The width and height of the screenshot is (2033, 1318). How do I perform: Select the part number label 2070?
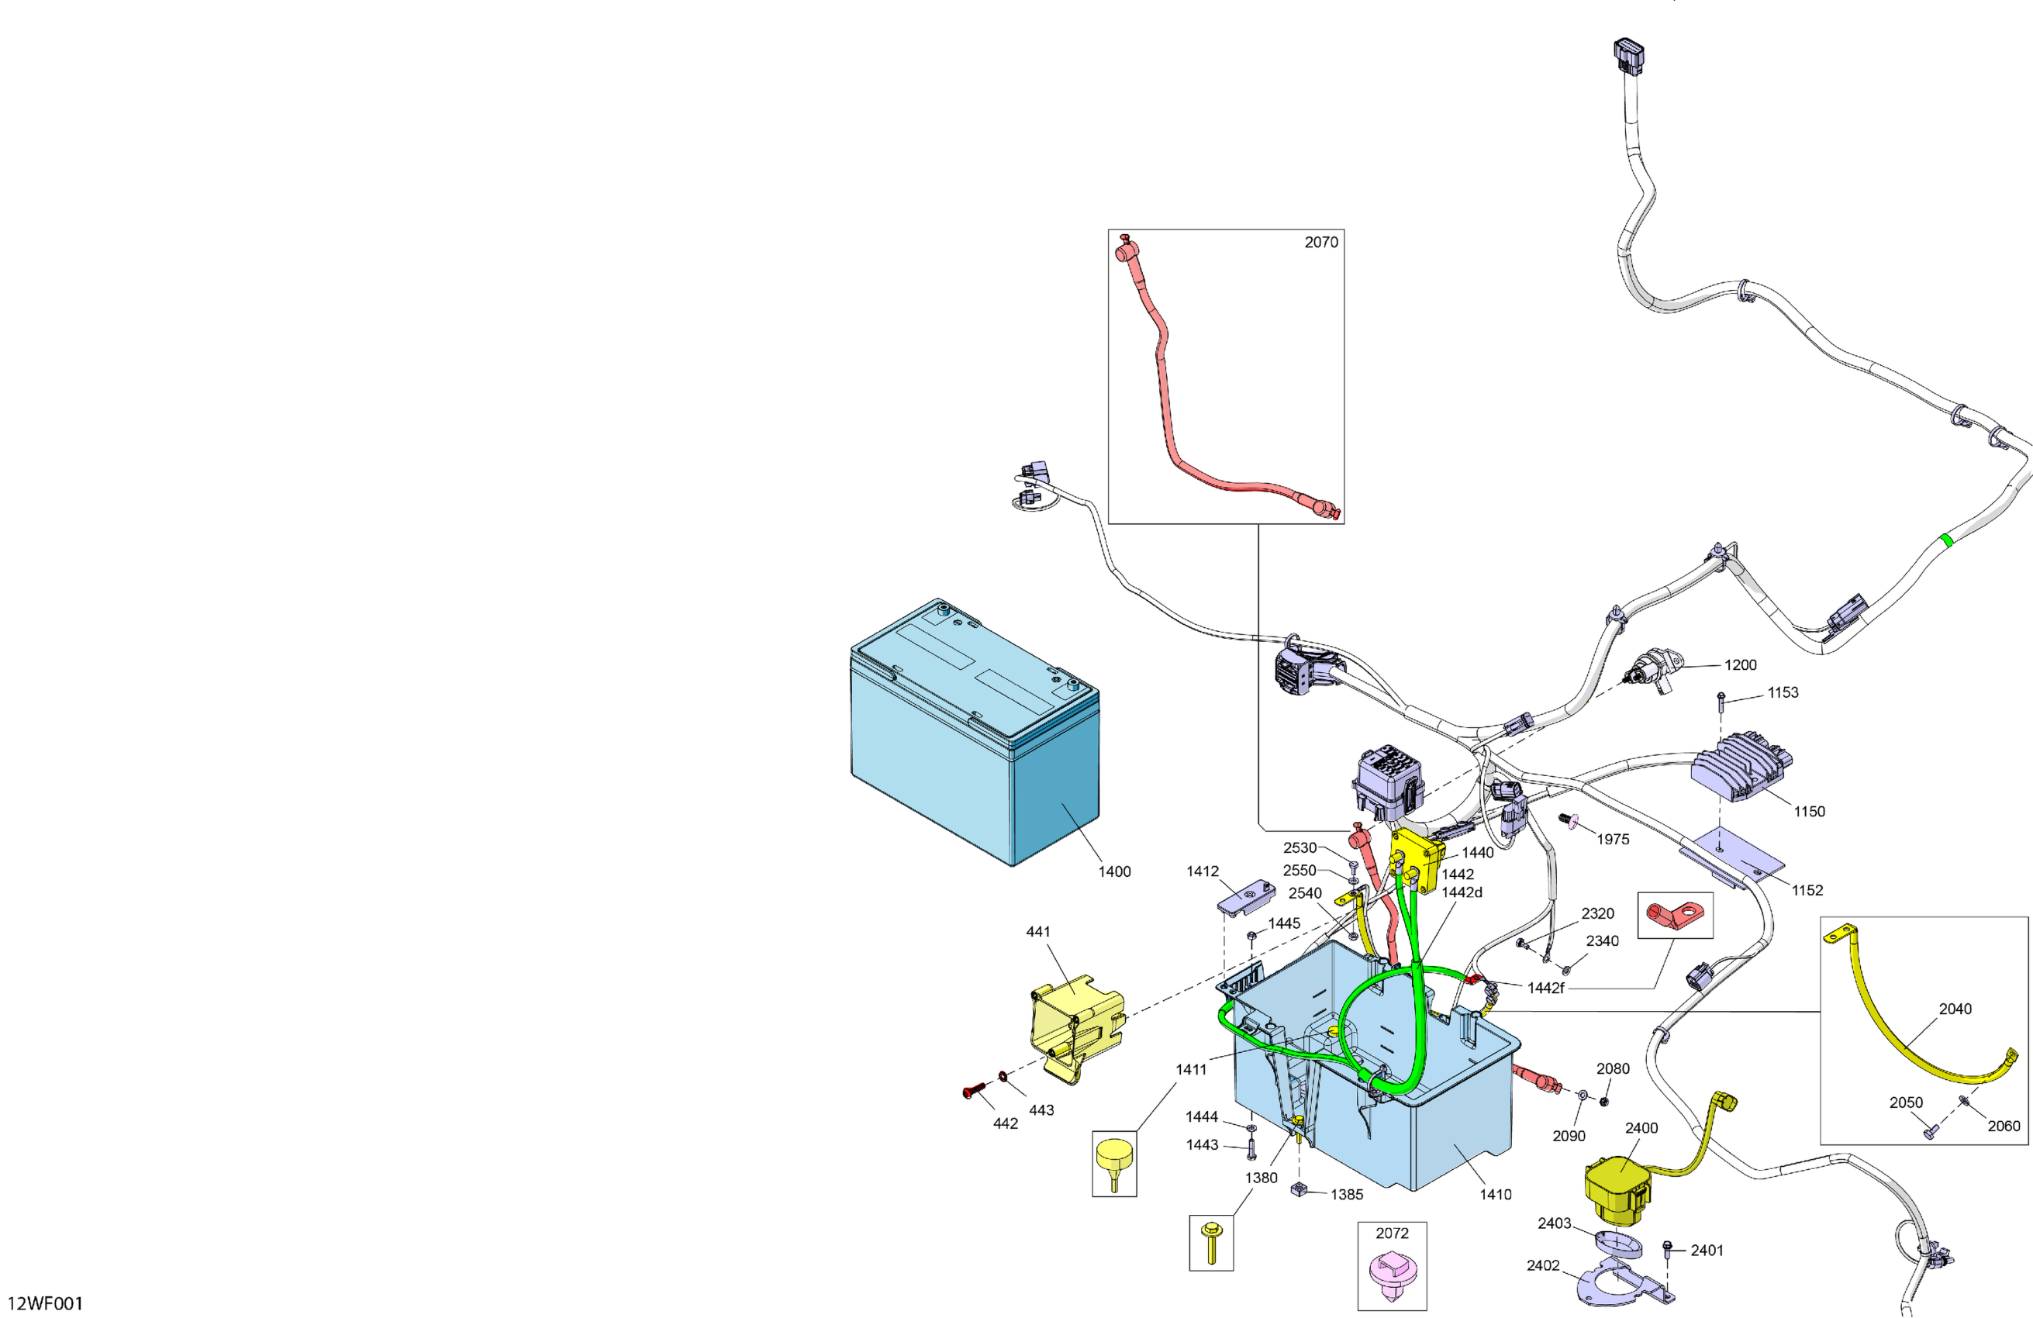tap(1320, 243)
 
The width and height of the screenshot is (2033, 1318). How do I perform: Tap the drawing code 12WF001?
tap(45, 1302)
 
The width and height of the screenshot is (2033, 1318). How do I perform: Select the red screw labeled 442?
tap(972, 1091)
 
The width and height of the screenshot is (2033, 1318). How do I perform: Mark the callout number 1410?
tap(1495, 1194)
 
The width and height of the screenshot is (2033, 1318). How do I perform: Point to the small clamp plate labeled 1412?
tap(1245, 897)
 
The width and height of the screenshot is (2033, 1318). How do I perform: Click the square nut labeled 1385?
tap(1300, 1189)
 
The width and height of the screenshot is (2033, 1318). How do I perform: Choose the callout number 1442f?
tap(1545, 988)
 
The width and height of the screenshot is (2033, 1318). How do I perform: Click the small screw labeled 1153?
tap(1721, 702)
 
